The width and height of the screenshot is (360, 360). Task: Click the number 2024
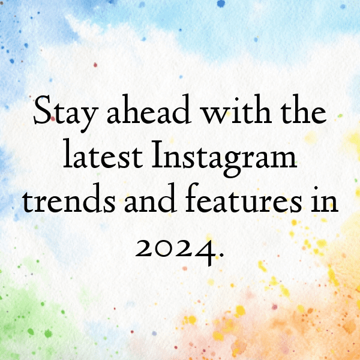172,247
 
